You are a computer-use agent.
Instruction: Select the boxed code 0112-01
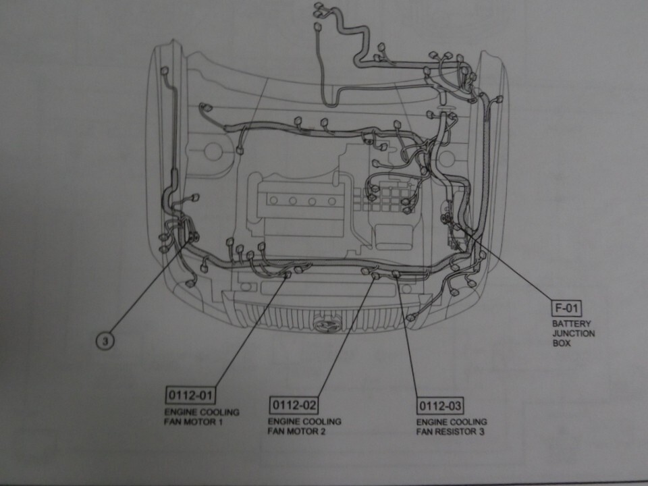[188, 394]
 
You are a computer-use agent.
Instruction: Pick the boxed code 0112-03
[440, 406]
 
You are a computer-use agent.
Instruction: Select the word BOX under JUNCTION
[562, 343]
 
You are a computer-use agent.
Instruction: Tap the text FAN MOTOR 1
[193, 422]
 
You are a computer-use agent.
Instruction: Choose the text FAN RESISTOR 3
[450, 432]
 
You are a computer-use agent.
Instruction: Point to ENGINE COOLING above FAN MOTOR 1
[201, 412]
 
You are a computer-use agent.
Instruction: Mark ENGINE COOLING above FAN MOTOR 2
[304, 421]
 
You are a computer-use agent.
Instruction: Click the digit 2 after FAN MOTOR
[323, 431]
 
